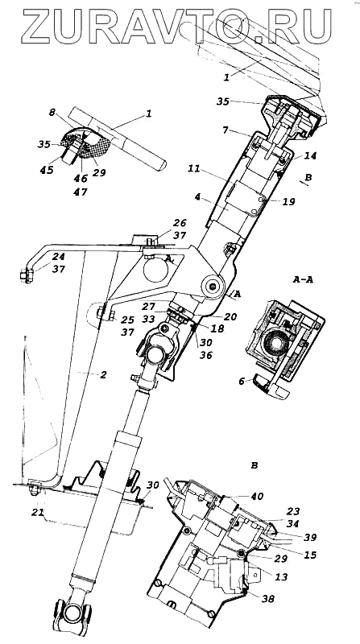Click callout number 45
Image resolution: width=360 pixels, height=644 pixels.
click(48, 169)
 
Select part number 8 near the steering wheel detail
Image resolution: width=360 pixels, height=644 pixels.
click(52, 112)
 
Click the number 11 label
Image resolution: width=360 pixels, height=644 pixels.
click(195, 168)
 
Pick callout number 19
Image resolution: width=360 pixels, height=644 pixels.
click(288, 202)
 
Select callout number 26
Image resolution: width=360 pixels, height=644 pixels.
click(180, 224)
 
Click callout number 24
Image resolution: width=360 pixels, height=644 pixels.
click(58, 257)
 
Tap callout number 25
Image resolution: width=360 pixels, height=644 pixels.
click(128, 319)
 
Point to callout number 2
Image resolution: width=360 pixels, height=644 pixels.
click(103, 374)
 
